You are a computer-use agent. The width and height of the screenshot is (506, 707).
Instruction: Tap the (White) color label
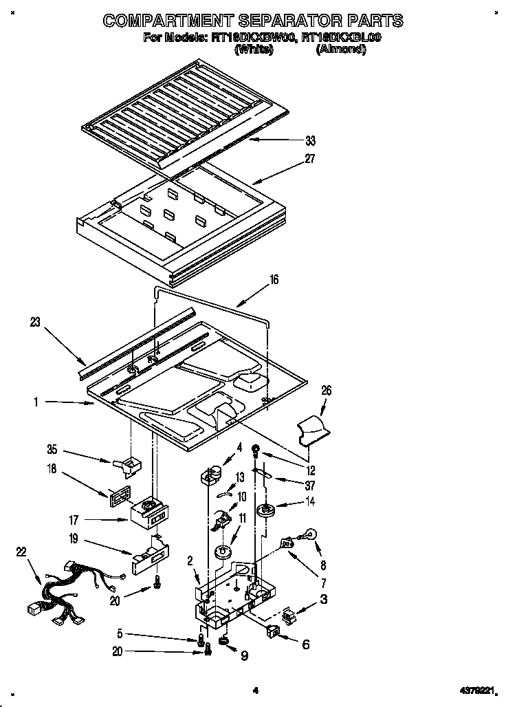click(x=254, y=50)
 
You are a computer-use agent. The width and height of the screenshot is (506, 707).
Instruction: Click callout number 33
click(x=310, y=141)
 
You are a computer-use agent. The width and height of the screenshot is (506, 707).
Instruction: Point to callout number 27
click(x=310, y=159)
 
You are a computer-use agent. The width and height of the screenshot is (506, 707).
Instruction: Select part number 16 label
click(x=274, y=280)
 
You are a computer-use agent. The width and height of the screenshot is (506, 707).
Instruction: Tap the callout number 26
click(x=326, y=391)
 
